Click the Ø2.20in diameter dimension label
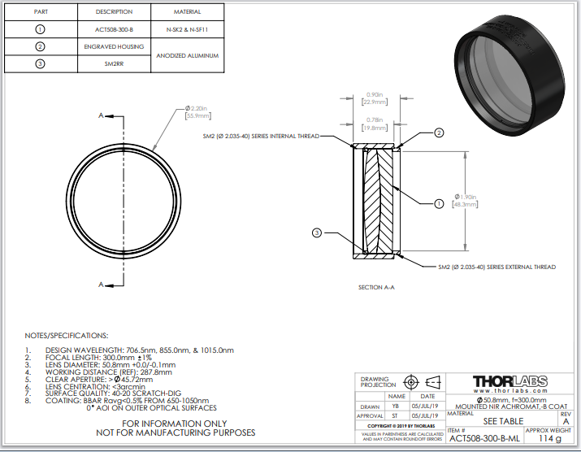point(198,111)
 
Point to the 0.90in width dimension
point(375,98)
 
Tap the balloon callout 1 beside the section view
point(438,204)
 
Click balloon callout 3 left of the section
point(318,233)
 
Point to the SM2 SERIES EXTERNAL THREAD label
point(496,267)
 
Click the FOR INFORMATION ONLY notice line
point(176,424)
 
